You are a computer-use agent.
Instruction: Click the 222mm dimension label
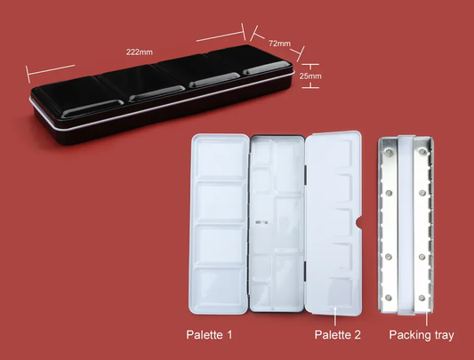(140, 52)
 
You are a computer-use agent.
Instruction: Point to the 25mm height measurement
(310, 76)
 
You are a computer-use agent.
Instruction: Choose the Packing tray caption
(422, 335)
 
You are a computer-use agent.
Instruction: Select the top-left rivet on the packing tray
(388, 154)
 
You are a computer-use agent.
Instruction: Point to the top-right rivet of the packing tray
(422, 154)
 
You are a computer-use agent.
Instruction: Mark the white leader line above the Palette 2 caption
(335, 316)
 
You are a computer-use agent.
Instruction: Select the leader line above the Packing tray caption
(426, 318)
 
